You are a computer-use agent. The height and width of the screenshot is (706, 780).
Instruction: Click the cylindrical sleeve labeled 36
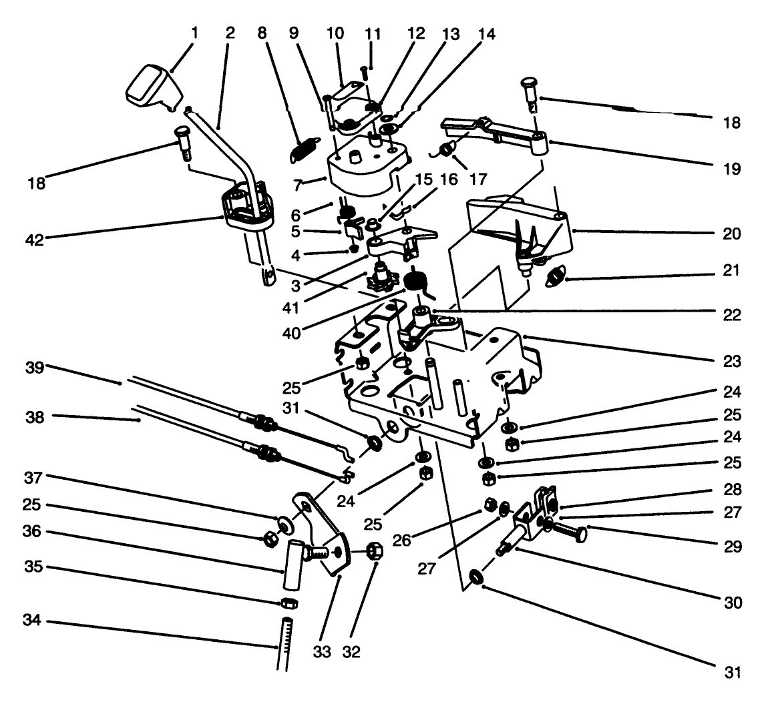292,565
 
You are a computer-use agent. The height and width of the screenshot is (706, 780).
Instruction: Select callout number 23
732,362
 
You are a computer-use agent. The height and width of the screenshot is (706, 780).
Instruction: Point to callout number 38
34,418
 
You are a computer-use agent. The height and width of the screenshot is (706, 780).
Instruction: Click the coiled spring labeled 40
416,280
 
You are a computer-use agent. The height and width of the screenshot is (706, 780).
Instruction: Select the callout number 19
732,169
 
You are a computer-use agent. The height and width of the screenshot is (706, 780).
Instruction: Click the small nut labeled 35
289,603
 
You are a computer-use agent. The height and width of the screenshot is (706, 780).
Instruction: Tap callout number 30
732,603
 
